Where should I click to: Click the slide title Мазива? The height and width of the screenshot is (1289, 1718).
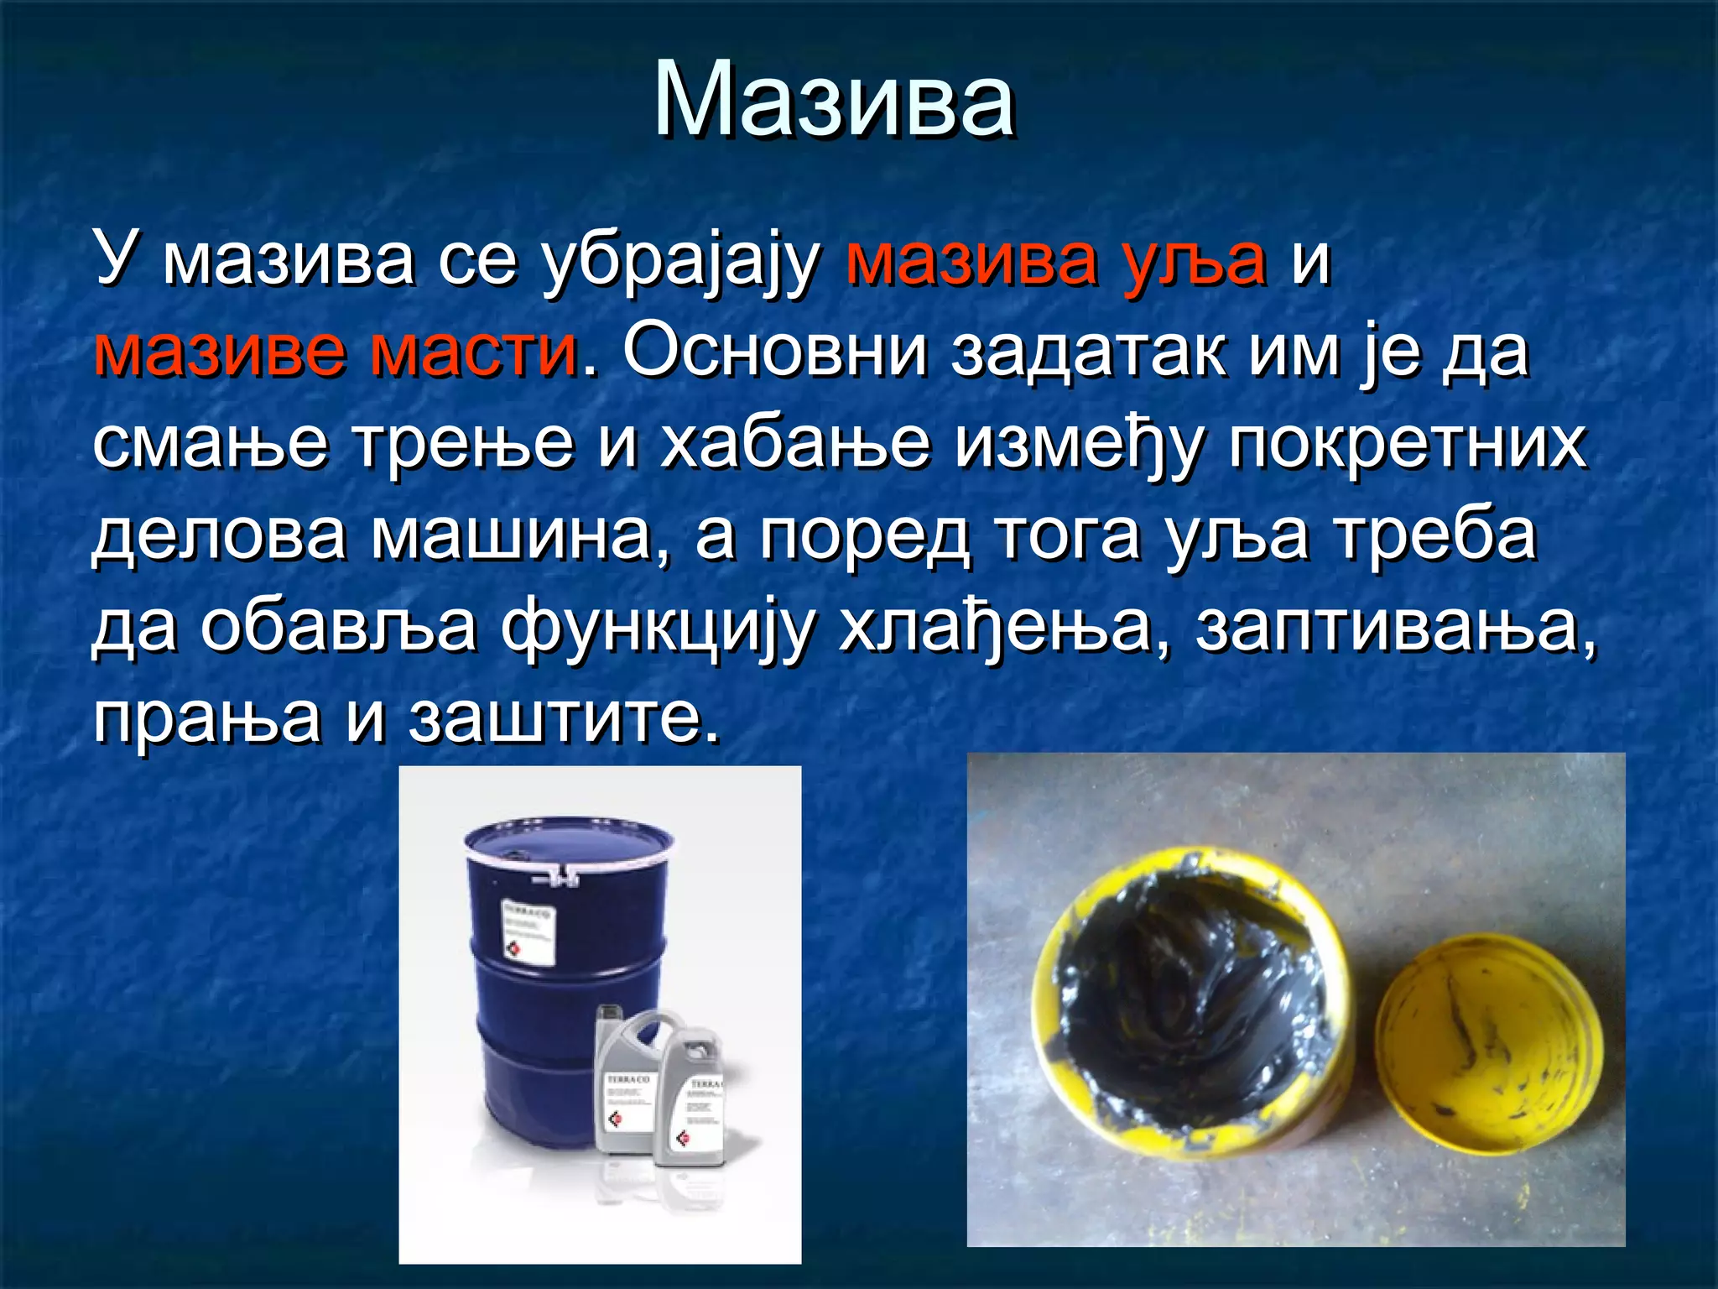[835, 101]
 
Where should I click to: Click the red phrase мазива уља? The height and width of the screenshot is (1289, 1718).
[1056, 260]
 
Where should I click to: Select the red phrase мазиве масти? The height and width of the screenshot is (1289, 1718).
[336, 351]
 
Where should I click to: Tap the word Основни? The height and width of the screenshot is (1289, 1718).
[775, 351]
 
